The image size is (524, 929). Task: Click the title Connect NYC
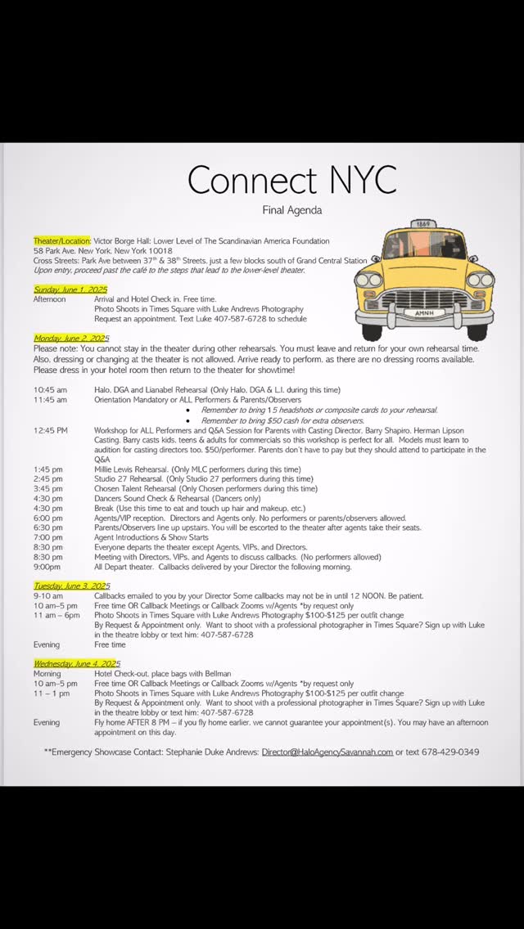[x=291, y=179]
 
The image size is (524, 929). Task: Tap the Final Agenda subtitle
[x=291, y=210]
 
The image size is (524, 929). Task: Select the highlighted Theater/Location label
[x=62, y=241]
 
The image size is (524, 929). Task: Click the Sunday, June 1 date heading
[x=70, y=289]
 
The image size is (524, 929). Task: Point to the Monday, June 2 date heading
[x=71, y=338]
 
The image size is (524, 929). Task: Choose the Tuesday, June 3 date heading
[x=72, y=586]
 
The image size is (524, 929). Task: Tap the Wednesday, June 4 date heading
[x=77, y=663]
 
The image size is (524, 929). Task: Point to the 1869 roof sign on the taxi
[x=423, y=223]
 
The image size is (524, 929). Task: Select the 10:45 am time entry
[x=51, y=390]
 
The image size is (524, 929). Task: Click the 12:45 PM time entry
[x=52, y=429]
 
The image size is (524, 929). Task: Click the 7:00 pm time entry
[x=48, y=537]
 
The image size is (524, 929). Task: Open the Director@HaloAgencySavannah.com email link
[x=327, y=752]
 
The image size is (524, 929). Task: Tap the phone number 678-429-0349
[x=448, y=752]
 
